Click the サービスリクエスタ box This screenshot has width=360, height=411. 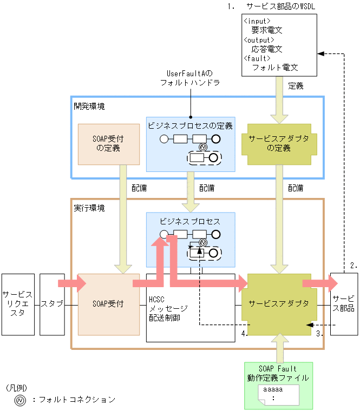[x=18, y=304]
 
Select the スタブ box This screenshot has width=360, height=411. [x=52, y=304]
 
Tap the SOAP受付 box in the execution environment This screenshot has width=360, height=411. [x=109, y=304]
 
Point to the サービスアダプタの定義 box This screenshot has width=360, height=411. [x=279, y=143]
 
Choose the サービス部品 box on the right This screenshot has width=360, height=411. [x=343, y=304]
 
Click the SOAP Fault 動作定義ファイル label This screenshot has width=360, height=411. [x=278, y=373]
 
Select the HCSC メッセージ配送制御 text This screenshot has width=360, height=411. [x=168, y=308]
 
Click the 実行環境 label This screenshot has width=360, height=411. [x=89, y=208]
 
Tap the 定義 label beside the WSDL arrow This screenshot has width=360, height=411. [x=296, y=85]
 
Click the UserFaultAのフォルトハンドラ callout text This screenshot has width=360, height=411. [x=190, y=77]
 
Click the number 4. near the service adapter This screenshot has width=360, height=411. [x=244, y=334]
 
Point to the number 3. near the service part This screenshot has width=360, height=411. [x=320, y=334]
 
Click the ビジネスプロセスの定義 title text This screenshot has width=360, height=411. [x=190, y=125]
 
